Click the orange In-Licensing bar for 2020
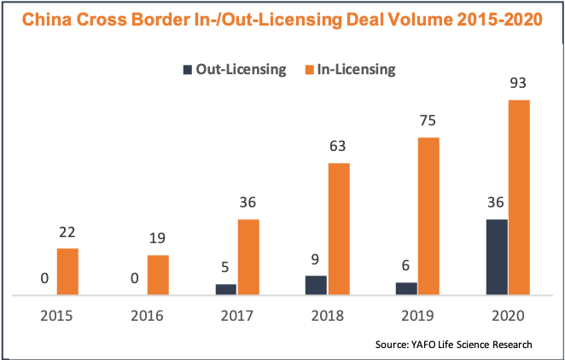point(519,198)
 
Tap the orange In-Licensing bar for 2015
point(68,271)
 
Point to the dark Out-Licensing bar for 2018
point(316,285)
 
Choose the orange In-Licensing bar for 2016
point(158,275)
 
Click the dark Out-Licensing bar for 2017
point(225,289)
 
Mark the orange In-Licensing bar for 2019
point(428,216)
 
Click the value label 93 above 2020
point(518,84)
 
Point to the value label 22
point(68,232)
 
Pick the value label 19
point(158,239)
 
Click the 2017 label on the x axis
point(236,315)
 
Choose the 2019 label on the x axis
point(417,315)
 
